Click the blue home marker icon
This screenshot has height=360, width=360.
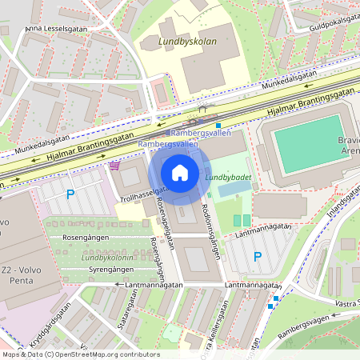(x=180, y=173)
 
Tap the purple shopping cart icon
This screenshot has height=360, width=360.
(x=115, y=166)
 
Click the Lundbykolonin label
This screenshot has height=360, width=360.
(x=106, y=258)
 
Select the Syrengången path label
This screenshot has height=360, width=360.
(x=89, y=270)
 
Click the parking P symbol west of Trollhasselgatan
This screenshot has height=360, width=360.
(x=70, y=194)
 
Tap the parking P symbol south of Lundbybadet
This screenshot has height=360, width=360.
(x=257, y=257)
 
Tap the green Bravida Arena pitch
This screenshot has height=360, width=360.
(x=309, y=144)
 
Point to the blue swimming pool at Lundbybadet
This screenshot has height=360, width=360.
(x=233, y=190)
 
